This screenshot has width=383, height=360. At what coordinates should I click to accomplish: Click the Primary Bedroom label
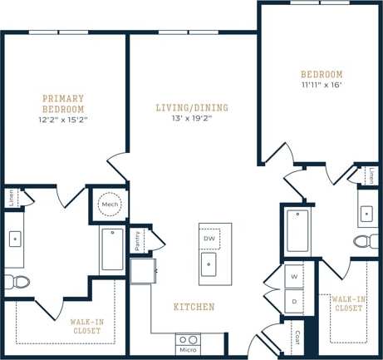(63, 104)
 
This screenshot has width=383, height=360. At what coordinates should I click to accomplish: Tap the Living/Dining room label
(192, 107)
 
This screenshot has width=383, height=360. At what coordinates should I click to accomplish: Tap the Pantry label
(139, 240)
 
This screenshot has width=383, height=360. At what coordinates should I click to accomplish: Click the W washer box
(294, 274)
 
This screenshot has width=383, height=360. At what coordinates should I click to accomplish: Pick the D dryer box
(294, 299)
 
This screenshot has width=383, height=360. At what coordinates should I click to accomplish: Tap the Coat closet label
(297, 338)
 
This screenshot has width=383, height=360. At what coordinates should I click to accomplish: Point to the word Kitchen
(194, 307)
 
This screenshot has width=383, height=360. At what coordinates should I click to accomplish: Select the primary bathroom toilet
(16, 281)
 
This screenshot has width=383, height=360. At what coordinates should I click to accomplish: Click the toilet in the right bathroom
(365, 241)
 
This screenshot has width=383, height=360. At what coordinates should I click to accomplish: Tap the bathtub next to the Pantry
(112, 249)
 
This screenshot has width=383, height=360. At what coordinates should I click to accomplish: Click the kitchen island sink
(209, 266)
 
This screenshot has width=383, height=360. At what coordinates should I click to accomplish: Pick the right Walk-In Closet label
(347, 303)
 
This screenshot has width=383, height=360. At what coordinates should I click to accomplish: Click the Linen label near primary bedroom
(11, 198)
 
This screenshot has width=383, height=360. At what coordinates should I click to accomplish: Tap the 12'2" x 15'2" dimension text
(63, 120)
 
